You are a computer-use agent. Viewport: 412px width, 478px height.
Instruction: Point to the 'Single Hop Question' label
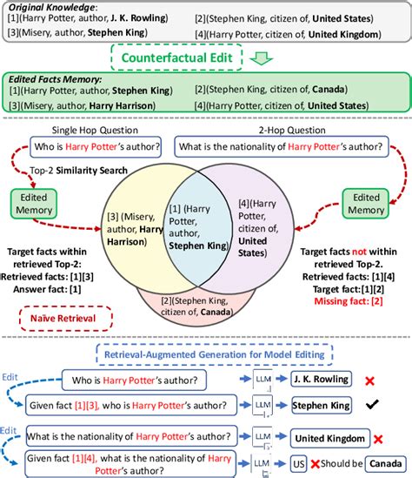click(101, 125)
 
